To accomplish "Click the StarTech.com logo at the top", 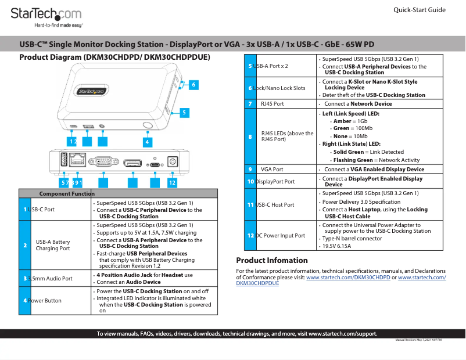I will point(46,14).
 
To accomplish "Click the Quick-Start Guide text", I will point(419,10).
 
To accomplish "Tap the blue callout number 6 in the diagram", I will point(194,85).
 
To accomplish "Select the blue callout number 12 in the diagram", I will point(172,182).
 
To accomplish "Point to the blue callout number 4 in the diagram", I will point(148,141).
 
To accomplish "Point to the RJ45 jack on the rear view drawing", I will point(77,160).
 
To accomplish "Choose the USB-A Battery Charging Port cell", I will point(53,245).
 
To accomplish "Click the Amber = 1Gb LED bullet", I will point(346,121).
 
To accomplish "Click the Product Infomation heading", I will point(272,261).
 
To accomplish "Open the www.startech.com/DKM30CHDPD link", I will point(348,278).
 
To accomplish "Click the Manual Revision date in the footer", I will point(418,340).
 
